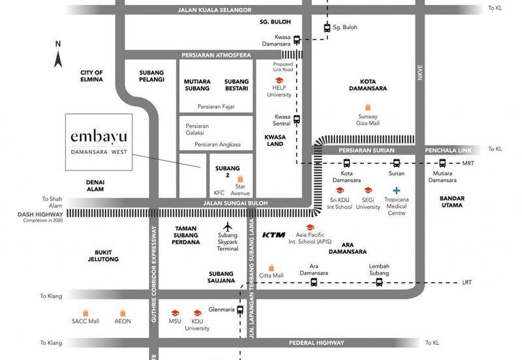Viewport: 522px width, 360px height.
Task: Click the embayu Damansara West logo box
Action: pos(99,143)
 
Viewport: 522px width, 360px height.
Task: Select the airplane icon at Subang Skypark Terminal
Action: pos(226,228)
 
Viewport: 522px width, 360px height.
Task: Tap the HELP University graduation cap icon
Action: pos(279,80)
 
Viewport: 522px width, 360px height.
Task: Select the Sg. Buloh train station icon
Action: pos(328,27)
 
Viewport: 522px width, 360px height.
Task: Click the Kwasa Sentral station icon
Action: pos(297,119)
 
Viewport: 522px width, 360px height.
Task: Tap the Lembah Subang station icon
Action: pos(379,282)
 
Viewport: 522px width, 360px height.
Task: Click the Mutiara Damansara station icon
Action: pos(442,164)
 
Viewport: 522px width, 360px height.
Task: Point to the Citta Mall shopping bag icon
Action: pos(271,267)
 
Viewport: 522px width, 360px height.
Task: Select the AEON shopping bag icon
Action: pos(123,312)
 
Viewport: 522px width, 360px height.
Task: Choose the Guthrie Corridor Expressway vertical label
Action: pos(155,275)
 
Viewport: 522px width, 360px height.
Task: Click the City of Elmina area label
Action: pos(92,76)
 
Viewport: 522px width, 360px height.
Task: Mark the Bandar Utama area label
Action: pos(452,201)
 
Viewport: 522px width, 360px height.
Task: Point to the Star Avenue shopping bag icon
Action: pos(240,179)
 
